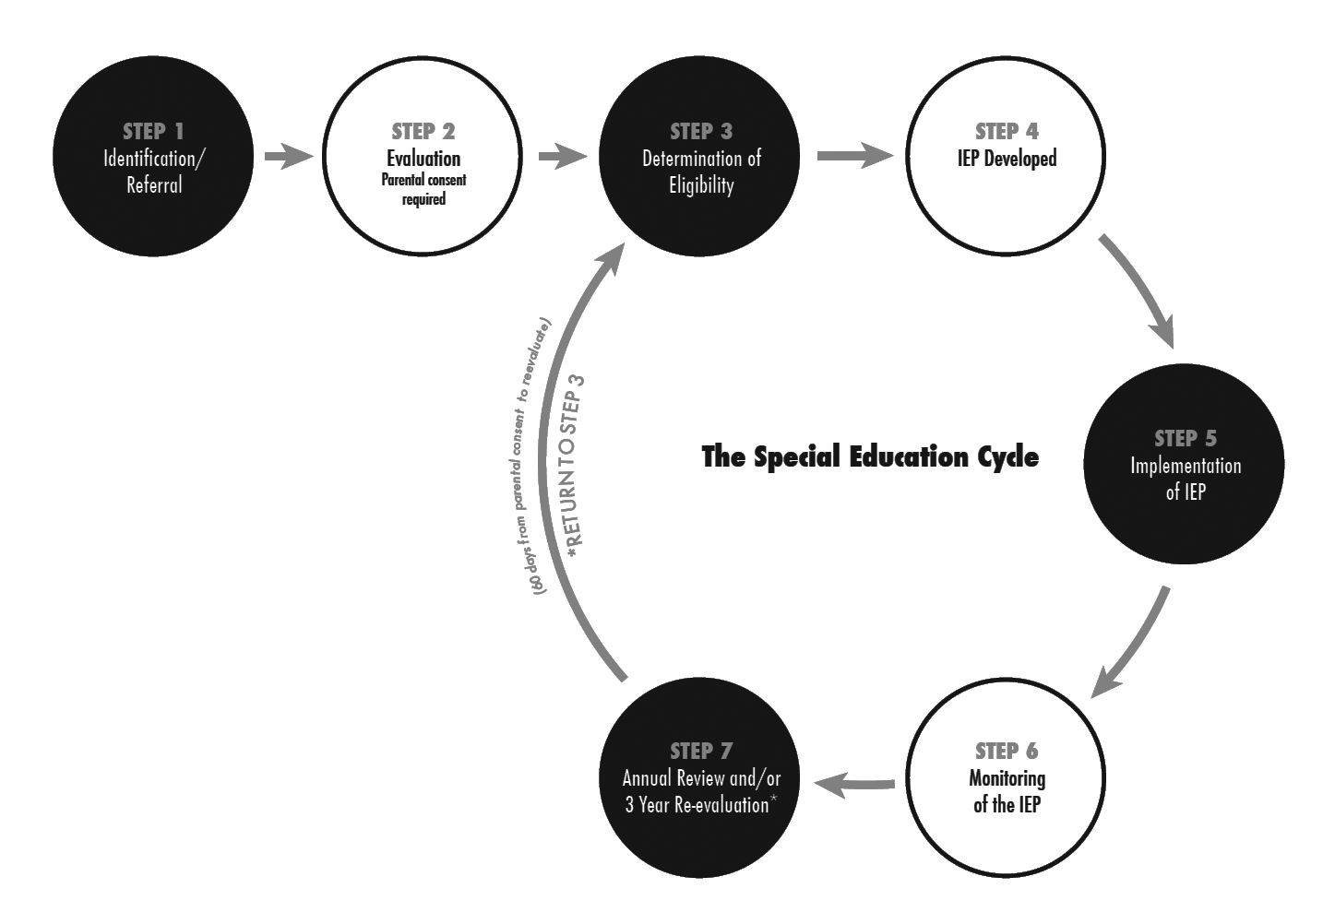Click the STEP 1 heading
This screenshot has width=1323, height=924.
[153, 132]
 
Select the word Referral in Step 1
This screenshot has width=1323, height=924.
[154, 185]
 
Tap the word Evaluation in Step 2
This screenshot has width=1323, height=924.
[423, 159]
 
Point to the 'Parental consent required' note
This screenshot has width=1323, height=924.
[423, 189]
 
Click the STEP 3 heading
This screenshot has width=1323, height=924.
[701, 132]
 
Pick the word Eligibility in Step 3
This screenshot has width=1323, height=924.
[701, 185]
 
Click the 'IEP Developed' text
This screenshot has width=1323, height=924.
[1007, 159]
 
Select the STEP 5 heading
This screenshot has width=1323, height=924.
[1186, 439]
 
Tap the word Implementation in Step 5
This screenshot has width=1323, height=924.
[1186, 466]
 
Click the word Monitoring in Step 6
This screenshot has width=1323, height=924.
[1007, 778]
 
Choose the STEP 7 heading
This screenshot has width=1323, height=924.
[701, 752]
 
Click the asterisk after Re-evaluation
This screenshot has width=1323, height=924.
[773, 800]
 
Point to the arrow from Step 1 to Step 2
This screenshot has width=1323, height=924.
[287, 156]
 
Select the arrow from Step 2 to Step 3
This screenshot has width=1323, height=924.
[561, 156]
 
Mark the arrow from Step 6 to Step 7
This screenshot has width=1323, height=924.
[855, 785]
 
